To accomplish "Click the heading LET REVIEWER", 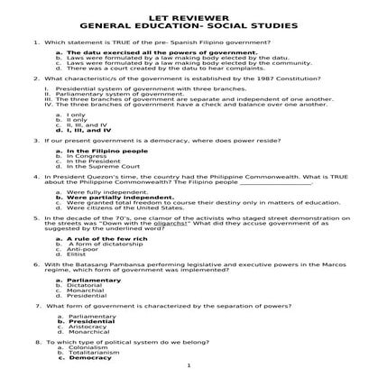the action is pos(189,15).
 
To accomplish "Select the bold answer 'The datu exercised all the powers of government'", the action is pos(143,53).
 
